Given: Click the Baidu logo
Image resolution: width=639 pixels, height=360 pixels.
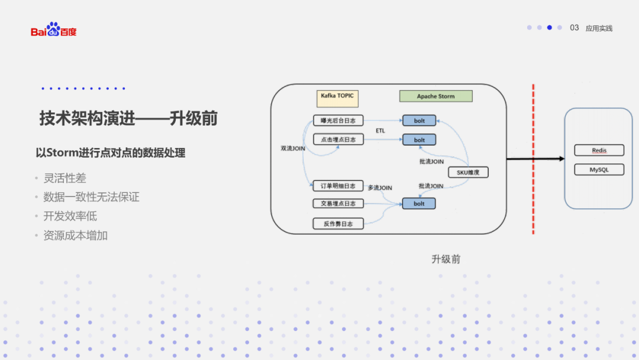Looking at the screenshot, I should coord(53,30).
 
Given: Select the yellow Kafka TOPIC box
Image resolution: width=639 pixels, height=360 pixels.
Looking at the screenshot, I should coord(337,96).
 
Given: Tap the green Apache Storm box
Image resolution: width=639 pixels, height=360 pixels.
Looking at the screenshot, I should coord(435,96).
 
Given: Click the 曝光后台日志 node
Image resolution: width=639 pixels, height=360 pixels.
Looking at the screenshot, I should coord(338,120).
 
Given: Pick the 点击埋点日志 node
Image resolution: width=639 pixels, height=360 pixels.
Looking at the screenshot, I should coord(338,140).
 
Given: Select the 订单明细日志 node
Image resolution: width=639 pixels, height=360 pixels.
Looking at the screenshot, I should coord(338,186).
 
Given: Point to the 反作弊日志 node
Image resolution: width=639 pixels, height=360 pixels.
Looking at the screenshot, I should coord(338,224).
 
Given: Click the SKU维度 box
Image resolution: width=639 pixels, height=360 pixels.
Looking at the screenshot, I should coord(468,173).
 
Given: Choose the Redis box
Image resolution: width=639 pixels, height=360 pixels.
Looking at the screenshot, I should coord(599,150).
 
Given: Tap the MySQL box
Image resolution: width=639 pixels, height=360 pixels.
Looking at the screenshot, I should coord(599,170).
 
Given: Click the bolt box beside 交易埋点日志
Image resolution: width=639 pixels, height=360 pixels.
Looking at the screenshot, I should coord(419,204).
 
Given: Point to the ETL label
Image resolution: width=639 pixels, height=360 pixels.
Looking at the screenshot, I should coord(380,130).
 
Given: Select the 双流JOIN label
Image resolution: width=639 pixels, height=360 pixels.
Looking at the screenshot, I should coord(293,149).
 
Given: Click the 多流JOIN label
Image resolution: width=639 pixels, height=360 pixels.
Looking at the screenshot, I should coord(380,188).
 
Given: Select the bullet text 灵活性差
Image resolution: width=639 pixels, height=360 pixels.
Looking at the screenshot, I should coord(64,178).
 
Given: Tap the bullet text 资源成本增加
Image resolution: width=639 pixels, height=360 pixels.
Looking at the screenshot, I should coord(75,235).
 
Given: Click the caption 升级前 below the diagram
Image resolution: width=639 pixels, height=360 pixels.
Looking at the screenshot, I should coord(446,259).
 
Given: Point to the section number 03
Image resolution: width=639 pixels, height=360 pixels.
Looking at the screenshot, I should coord(574,28).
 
